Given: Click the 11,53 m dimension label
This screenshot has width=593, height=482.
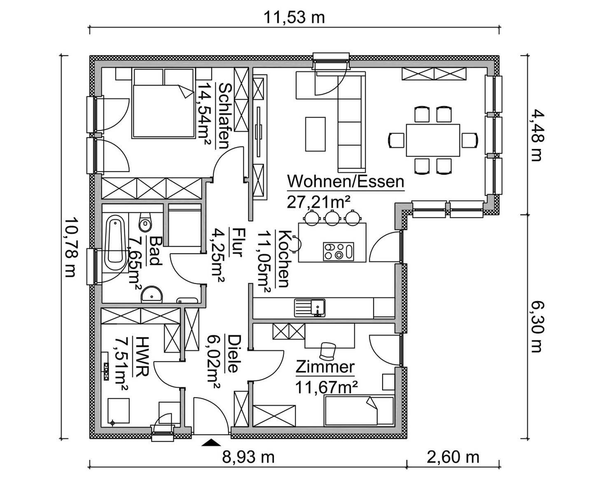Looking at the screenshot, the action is [294, 18].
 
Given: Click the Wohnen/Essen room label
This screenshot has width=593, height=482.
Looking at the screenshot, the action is [346, 182].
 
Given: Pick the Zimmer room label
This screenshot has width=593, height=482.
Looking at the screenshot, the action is [325, 367].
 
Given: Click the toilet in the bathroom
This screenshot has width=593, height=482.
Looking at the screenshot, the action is [145, 222].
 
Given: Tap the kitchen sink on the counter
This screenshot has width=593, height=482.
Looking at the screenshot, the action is [309, 308].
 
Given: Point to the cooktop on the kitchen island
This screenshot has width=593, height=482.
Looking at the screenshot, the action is [338, 252].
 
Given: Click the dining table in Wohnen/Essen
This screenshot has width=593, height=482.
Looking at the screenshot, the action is [433, 140].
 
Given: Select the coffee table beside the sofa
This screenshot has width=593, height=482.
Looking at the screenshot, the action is [315, 134].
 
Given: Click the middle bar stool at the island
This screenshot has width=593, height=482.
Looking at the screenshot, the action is [332, 218].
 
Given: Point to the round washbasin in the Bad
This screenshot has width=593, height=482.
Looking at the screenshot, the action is [152, 294].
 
